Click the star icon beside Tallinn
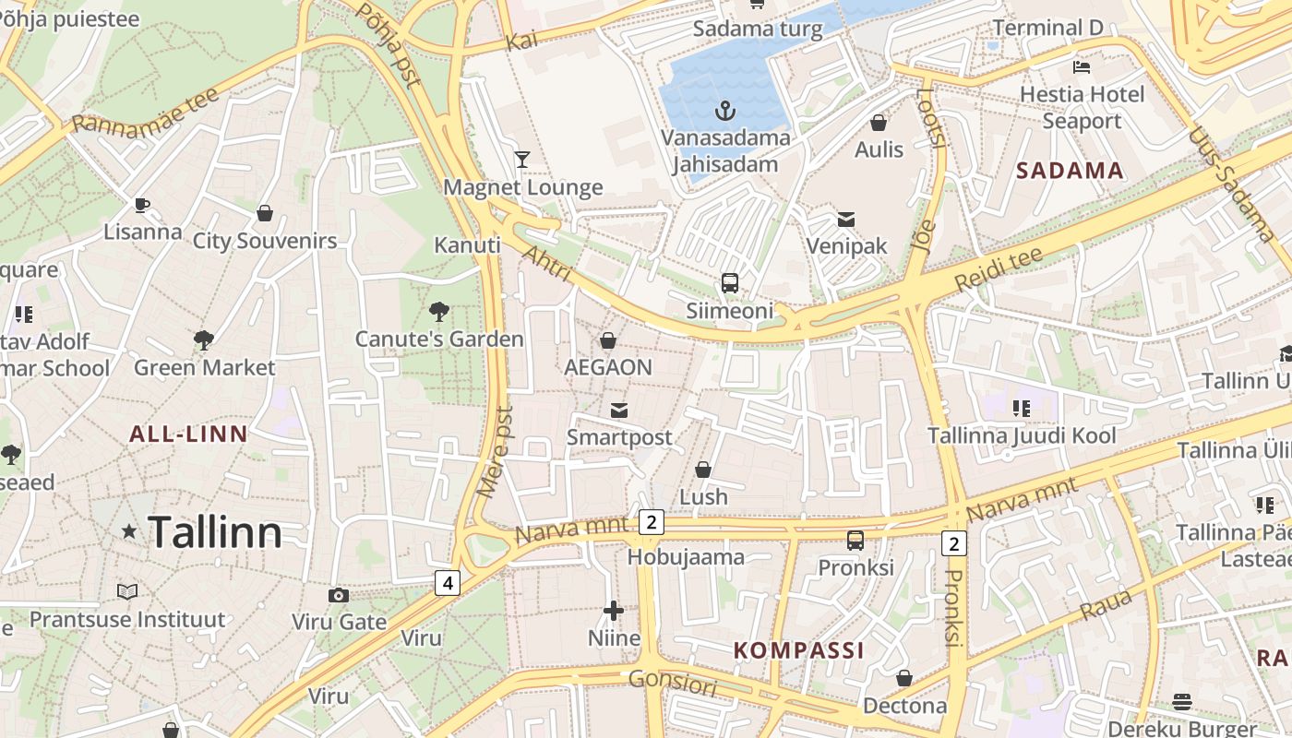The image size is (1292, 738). click(x=129, y=531)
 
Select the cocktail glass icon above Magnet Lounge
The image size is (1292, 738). click(x=522, y=160)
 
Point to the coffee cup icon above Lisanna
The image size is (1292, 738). click(x=141, y=205)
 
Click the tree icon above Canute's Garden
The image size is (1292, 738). click(x=439, y=312)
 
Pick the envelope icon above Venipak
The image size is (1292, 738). click(x=845, y=220)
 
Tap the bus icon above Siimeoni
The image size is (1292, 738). click(x=730, y=282)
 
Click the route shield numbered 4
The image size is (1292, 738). click(x=448, y=583)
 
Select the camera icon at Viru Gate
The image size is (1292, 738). click(x=339, y=595)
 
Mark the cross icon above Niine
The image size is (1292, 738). click(x=614, y=611)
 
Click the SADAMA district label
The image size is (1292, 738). click(x=1071, y=171)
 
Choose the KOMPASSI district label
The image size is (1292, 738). click(x=799, y=650)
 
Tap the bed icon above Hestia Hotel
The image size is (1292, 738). click(x=1082, y=67)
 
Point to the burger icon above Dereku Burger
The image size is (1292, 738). click(x=1182, y=702)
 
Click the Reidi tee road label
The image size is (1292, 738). click(x=999, y=268)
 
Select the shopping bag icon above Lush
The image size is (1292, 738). click(x=703, y=470)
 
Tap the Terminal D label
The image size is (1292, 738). click(x=1047, y=28)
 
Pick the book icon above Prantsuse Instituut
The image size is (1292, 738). click(x=127, y=591)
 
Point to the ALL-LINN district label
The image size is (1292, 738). click(x=188, y=434)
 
